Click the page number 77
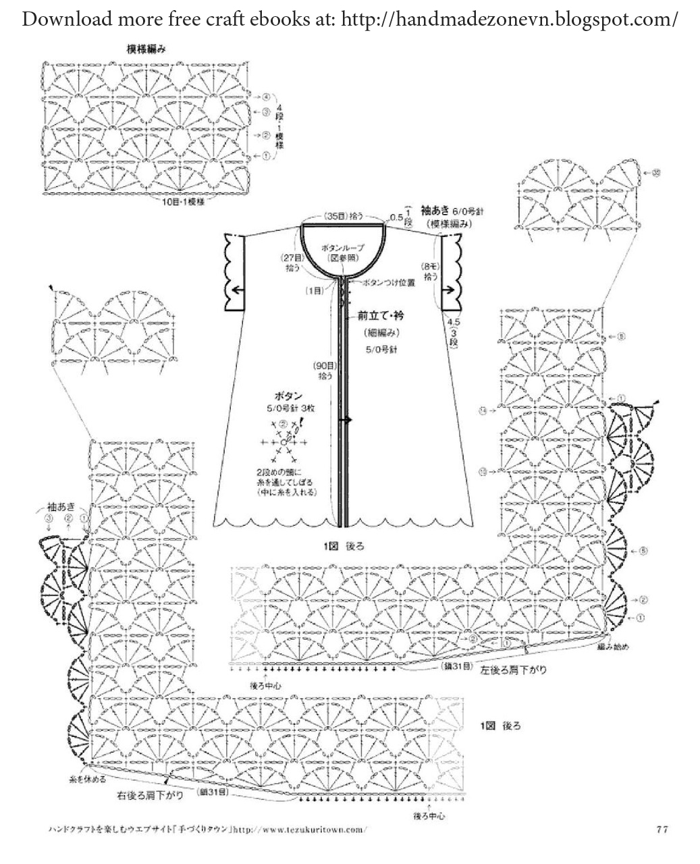point(662,829)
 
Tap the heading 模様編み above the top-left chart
point(146,49)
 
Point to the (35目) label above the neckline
point(334,216)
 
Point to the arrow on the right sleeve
point(447,291)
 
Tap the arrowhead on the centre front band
point(349,421)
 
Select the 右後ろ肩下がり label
point(149,794)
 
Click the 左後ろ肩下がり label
point(514,670)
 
